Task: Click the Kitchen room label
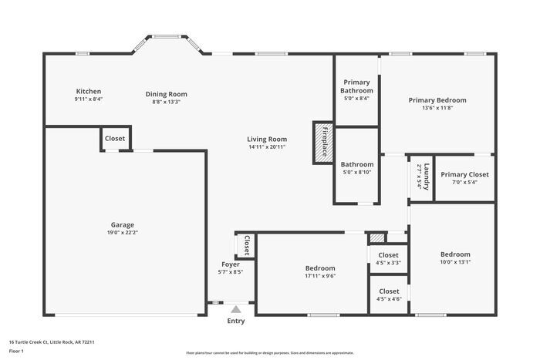point(88,91)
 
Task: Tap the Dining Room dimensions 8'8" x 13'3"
point(166,102)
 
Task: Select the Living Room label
point(267,139)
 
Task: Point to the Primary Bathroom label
point(356,86)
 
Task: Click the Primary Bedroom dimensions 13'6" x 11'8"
point(437,108)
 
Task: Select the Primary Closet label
point(464,174)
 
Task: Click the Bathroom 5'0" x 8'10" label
point(357,164)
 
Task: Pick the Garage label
point(122,224)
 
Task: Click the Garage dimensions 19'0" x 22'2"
point(122,233)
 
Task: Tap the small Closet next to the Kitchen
point(115,139)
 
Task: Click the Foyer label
point(231,264)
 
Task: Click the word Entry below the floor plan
point(236,321)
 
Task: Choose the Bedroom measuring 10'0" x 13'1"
point(455,254)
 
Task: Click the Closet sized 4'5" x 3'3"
point(389,255)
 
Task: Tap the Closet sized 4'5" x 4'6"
point(389,291)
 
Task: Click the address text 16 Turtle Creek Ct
point(38,341)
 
